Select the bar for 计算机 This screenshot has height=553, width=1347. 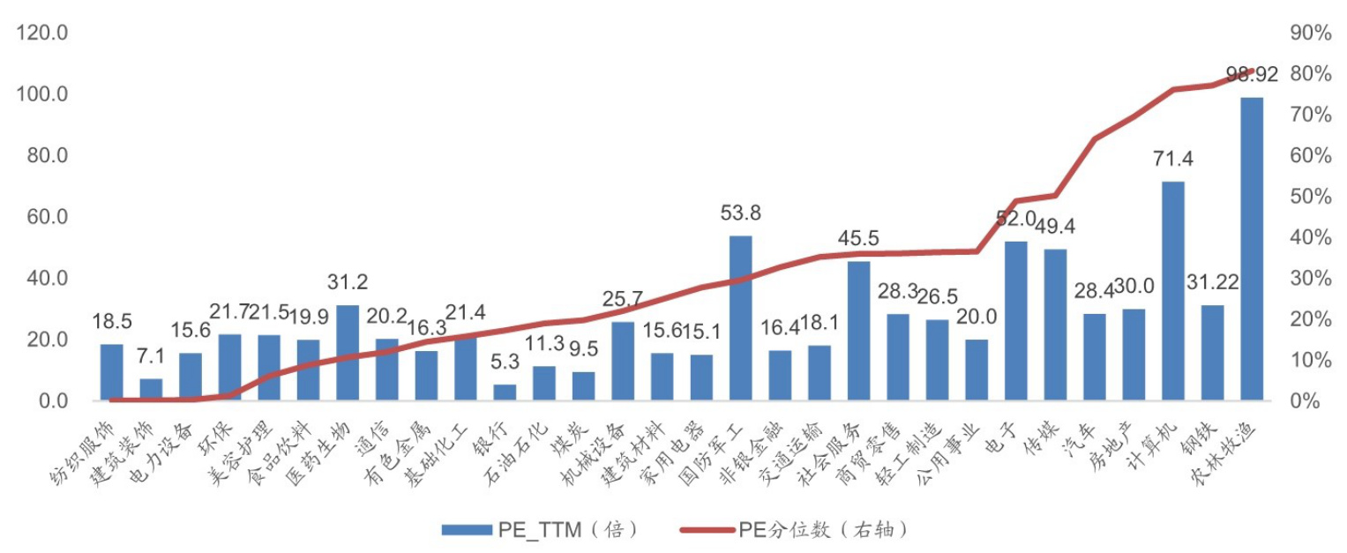(1172, 291)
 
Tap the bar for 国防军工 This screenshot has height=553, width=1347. (740, 318)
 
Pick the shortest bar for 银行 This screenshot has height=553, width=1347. (505, 392)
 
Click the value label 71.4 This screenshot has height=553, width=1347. (1172, 160)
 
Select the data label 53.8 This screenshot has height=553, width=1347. (740, 213)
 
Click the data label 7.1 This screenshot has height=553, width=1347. (152, 357)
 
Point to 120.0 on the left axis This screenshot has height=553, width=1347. (44, 34)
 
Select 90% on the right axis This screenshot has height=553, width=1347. (1309, 34)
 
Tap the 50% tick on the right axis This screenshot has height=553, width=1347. (1309, 197)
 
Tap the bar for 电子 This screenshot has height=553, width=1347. (1015, 321)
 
